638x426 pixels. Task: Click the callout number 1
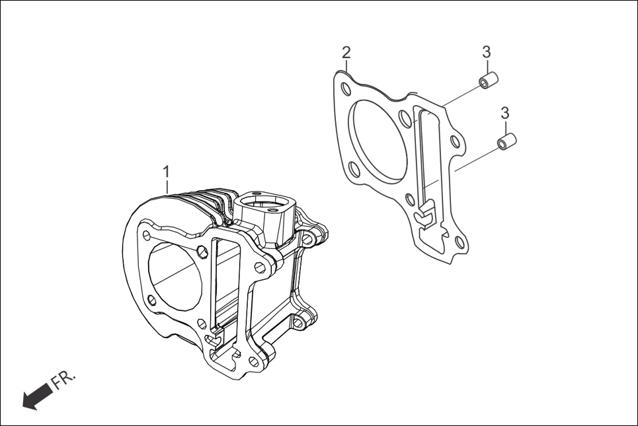click(167, 172)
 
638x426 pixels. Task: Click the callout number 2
click(346, 53)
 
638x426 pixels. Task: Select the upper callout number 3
click(486, 52)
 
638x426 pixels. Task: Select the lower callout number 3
click(504, 112)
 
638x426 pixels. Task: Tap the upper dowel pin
click(488, 82)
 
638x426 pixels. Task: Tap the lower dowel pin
click(506, 141)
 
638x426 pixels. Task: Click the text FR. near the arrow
click(65, 380)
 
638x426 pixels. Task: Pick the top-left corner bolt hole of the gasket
click(344, 88)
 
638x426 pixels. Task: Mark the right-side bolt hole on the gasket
click(454, 141)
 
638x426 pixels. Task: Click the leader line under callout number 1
click(167, 186)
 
